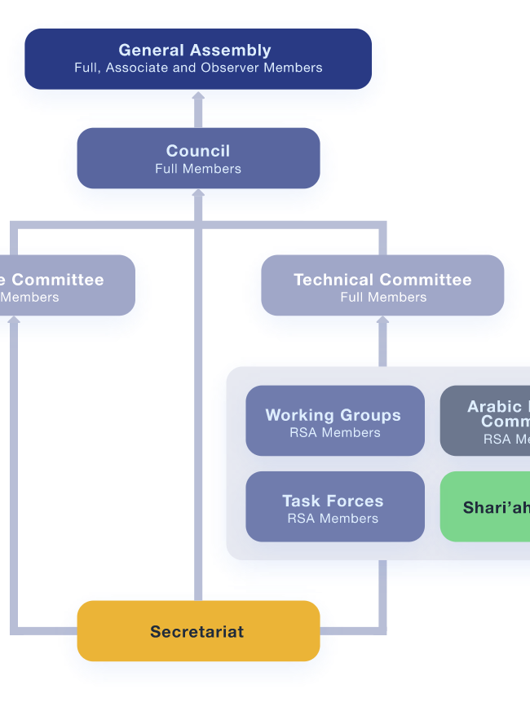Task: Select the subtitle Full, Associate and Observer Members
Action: pos(198,68)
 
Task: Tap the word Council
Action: pos(198,151)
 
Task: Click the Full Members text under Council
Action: pos(198,169)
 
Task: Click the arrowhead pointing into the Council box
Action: pos(198,195)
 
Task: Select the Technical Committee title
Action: pos(382,280)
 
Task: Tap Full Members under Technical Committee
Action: pos(383,298)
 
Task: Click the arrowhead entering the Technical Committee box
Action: pos(382,322)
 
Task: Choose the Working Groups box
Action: pos(335,421)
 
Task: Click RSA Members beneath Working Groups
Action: pos(335,433)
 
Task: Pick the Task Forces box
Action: pos(335,506)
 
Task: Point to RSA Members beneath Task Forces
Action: pos(333,519)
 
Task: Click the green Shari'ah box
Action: pos(486,507)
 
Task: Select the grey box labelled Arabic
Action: pos(486,421)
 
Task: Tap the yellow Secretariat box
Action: pos(198,631)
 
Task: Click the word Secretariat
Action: pos(197,632)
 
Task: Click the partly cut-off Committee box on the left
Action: pos(65,286)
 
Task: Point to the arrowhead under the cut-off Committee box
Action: pos(14,322)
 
